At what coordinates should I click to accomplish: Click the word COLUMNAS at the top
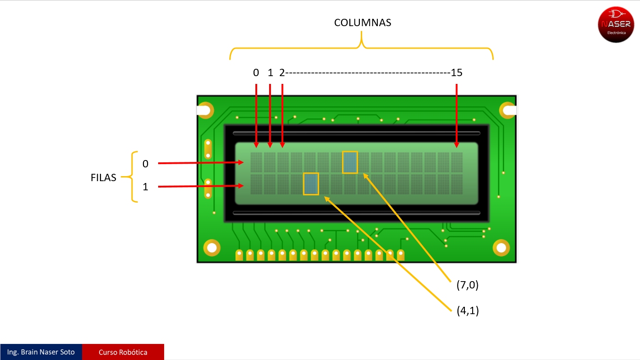[362, 23]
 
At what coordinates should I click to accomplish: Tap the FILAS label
[103, 177]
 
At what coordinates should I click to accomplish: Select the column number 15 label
[456, 72]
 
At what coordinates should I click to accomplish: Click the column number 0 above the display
[256, 72]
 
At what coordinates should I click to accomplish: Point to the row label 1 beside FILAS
[145, 187]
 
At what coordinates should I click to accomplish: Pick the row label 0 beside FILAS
[145, 164]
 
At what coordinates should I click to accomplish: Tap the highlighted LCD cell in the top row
[350, 162]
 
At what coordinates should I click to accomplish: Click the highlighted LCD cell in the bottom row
[311, 183]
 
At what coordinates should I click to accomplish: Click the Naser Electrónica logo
[616, 24]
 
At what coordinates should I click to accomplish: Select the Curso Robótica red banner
[123, 352]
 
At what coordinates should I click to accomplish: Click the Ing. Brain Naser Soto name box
[41, 352]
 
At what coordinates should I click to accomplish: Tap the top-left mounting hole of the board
[206, 111]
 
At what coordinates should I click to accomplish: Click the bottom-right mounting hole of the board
[501, 248]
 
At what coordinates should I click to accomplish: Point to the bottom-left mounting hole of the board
[211, 248]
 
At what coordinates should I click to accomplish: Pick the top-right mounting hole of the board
[508, 110]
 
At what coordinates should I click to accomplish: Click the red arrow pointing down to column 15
[457, 115]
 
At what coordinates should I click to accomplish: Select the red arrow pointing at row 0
[201, 163]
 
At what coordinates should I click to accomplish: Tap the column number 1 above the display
[270, 72]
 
